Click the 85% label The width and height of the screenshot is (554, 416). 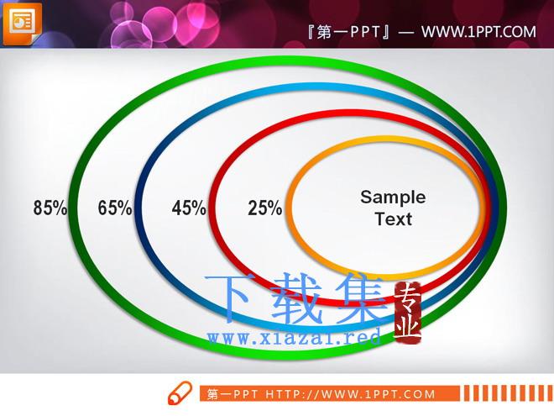click(50, 208)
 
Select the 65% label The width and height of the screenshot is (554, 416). click(115, 208)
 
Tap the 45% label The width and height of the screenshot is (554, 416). click(189, 208)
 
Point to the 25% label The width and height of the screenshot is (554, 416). click(265, 208)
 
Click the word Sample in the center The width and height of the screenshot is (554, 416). click(393, 197)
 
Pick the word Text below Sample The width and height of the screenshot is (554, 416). click(393, 219)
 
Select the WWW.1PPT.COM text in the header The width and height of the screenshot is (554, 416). click(478, 32)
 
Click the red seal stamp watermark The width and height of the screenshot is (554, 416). click(407, 312)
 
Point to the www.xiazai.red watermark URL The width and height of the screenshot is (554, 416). click(294, 337)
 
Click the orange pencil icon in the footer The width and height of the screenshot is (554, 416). click(180, 393)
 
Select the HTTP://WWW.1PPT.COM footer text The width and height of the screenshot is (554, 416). click(350, 394)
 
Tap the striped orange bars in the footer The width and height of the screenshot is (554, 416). click(508, 393)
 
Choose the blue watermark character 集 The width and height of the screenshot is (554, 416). click(360, 298)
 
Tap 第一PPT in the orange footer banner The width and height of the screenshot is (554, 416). click(233, 394)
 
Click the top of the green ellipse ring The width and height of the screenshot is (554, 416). click(287, 61)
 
